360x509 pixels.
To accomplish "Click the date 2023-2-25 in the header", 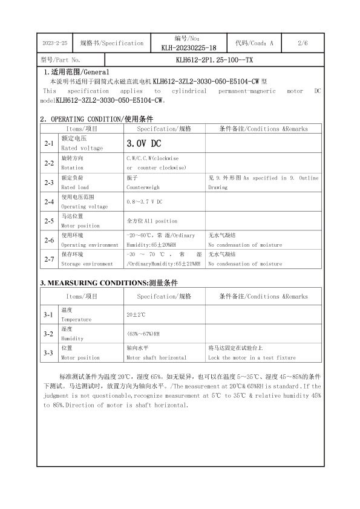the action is point(56,44).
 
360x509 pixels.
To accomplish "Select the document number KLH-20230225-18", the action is point(189,48).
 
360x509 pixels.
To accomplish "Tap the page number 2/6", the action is point(303,44).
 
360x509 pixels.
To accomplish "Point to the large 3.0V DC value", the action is point(143,144).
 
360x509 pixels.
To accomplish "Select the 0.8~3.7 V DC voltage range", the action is point(145,201).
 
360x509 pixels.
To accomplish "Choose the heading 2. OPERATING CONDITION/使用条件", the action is point(96,118).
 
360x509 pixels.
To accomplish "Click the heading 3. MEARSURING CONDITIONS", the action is point(109,283).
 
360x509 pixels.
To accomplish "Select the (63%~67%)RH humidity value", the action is point(143,334).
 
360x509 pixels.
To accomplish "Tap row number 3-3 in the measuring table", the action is point(49,352).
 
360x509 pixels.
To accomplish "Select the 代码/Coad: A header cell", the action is point(254,44).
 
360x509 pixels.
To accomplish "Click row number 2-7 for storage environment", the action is point(49,259).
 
